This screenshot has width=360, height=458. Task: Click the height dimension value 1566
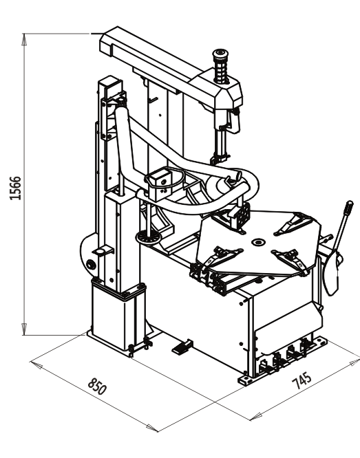tap(16, 188)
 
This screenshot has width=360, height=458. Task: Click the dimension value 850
tap(98, 386)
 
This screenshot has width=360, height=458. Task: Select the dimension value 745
tap(301, 380)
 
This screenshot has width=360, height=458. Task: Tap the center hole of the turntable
tap(259, 242)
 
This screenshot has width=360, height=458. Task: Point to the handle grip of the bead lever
tap(348, 208)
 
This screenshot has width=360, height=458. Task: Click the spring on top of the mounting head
tap(220, 68)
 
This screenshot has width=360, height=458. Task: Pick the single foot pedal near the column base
tap(182, 347)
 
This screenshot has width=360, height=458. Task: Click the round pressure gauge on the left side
tap(91, 265)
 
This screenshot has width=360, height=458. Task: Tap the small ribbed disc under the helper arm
tap(148, 237)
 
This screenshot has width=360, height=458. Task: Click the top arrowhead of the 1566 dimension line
tap(24, 39)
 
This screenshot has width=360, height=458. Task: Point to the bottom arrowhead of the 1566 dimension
tap(24, 329)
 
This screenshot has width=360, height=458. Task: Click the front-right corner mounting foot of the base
tap(245, 380)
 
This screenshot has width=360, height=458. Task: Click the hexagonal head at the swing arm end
tap(229, 95)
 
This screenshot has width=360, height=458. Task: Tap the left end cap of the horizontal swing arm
tap(106, 44)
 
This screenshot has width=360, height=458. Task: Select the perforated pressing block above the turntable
tap(244, 215)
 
